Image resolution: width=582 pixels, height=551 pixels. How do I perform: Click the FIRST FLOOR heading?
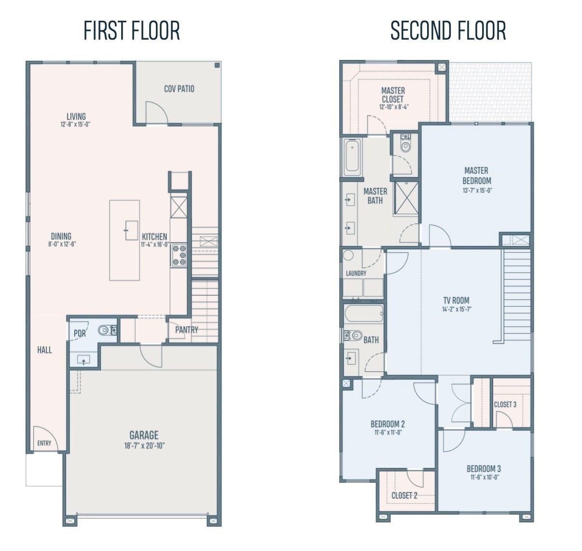pyautogui.click(x=132, y=30)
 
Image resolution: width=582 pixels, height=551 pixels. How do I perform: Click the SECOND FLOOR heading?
pyautogui.click(x=448, y=30)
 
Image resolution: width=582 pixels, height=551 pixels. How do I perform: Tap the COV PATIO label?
pyautogui.click(x=179, y=89)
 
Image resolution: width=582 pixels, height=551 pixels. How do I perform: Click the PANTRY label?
pyautogui.click(x=186, y=330)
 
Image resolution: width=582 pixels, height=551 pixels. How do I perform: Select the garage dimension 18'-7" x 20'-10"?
pyautogui.click(x=144, y=446)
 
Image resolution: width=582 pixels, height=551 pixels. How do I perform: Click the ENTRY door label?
pyautogui.click(x=44, y=443)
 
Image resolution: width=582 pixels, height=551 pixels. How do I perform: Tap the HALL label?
pyautogui.click(x=44, y=350)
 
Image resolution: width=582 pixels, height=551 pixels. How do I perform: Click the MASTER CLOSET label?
pyautogui.click(x=393, y=95)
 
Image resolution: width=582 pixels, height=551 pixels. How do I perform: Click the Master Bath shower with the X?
pyautogui.click(x=405, y=197)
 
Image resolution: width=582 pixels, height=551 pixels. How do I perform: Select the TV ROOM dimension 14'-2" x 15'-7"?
pyautogui.click(x=456, y=309)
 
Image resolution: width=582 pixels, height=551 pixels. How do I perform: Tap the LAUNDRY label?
pyautogui.click(x=356, y=273)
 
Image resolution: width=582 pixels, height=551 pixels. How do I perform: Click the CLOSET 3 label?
pyautogui.click(x=505, y=404)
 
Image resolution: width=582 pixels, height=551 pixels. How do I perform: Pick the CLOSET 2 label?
pyautogui.click(x=404, y=495)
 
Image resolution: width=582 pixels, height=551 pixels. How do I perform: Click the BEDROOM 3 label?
pyautogui.click(x=483, y=468)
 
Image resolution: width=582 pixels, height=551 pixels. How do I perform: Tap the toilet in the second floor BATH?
pyautogui.click(x=355, y=334)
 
